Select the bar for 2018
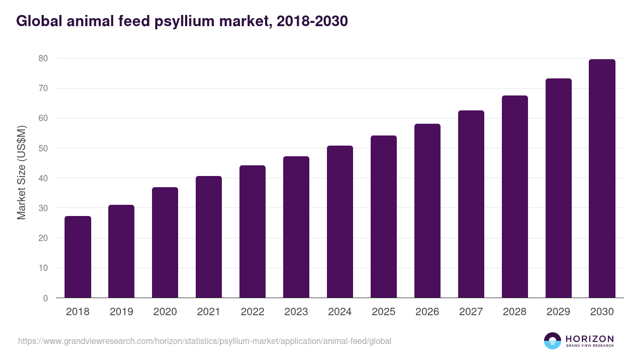(78, 257)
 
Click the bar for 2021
(209, 237)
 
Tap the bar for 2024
(340, 222)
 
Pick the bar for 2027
(471, 204)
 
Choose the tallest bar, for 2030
(602, 179)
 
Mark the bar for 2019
(122, 251)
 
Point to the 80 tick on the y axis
(43, 58)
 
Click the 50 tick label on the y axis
(43, 148)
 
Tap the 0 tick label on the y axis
(45, 298)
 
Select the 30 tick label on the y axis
(43, 208)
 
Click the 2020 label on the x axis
(165, 312)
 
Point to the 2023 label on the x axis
(297, 312)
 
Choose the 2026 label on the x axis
(428, 312)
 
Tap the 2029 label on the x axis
(559, 312)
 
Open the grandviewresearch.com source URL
(205, 341)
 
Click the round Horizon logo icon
(553, 341)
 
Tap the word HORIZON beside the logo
(589, 339)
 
